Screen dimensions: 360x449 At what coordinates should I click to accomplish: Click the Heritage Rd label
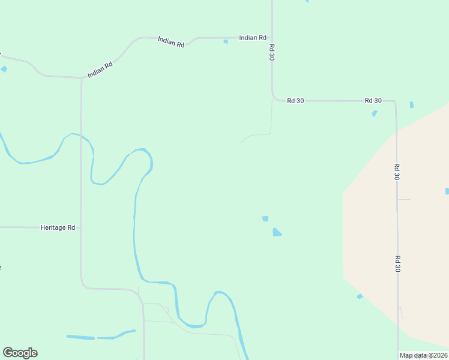(x=58, y=227)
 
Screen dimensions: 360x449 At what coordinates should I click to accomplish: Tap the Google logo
(x=20, y=353)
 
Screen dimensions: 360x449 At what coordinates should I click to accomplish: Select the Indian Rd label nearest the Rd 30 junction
(x=252, y=37)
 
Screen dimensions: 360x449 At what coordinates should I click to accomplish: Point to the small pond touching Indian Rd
(x=226, y=41)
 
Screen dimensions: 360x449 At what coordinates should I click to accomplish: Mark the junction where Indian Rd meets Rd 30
(x=272, y=37)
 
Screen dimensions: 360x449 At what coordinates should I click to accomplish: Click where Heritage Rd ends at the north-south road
(x=81, y=227)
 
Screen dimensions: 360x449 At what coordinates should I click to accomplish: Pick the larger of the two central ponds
(x=277, y=232)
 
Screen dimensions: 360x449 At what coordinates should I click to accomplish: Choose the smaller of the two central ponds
(x=265, y=218)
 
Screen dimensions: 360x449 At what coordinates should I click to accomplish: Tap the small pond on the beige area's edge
(x=360, y=296)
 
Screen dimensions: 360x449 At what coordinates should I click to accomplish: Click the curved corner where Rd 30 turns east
(x=275, y=98)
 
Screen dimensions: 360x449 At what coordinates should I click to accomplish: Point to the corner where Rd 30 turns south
(x=394, y=102)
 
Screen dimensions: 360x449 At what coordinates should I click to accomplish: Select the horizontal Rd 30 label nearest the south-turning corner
(x=373, y=100)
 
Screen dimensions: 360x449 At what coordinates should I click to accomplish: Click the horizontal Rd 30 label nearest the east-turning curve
(x=295, y=100)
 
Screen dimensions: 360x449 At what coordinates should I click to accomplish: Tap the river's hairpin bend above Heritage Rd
(x=144, y=153)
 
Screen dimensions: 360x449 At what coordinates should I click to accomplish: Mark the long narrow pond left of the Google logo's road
(x=80, y=338)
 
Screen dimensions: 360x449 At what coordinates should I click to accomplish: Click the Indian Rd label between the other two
(x=170, y=42)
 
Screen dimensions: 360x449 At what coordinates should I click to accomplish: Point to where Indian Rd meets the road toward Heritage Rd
(x=81, y=78)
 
